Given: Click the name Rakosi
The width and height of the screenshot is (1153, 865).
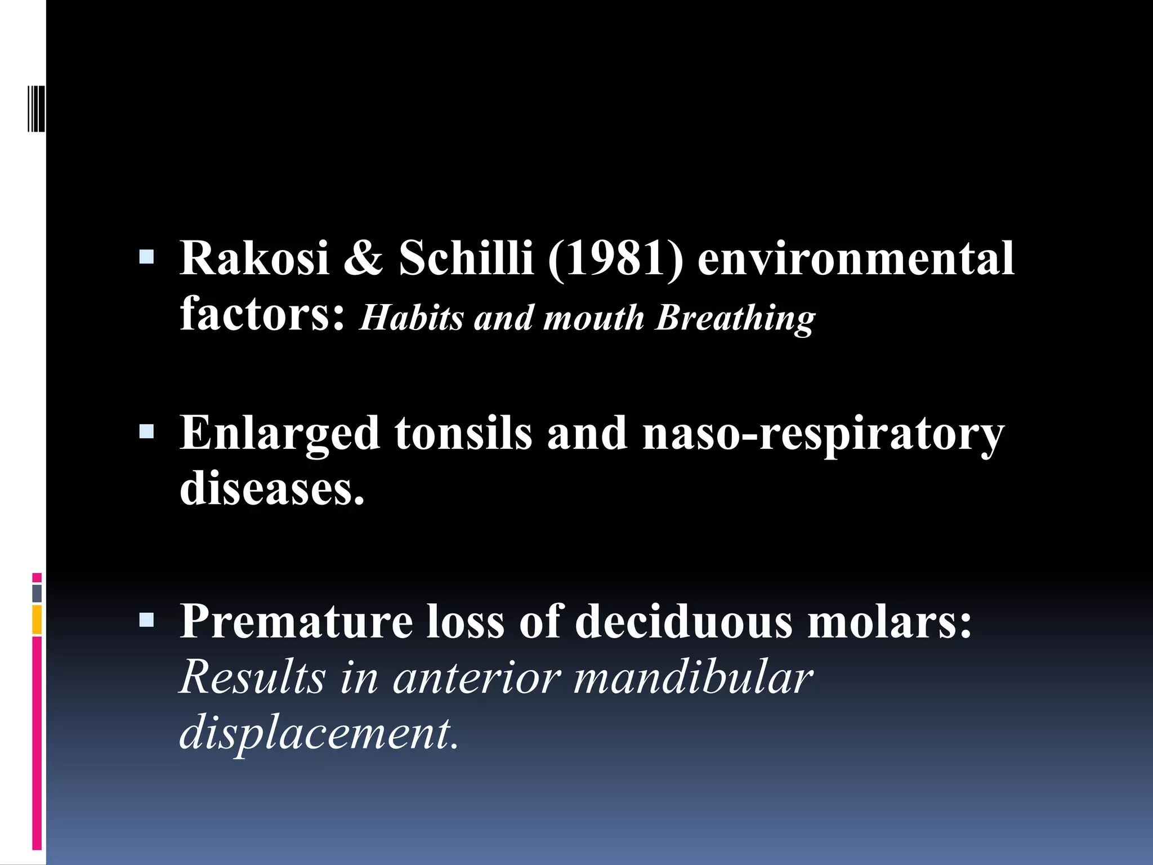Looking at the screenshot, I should (254, 258).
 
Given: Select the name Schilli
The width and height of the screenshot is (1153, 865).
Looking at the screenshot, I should (466, 258).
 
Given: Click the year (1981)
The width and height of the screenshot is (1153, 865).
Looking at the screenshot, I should (615, 258).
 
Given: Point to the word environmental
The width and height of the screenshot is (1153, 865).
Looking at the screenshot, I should (856, 258).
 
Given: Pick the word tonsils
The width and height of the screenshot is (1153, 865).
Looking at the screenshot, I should (463, 434).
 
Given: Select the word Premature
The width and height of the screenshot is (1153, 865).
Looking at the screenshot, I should (296, 622).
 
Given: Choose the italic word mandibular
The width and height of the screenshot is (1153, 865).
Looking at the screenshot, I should (693, 677).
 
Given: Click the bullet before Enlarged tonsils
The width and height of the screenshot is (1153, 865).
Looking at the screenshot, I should (146, 432).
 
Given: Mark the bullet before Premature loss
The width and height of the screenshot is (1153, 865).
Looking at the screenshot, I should (146, 620).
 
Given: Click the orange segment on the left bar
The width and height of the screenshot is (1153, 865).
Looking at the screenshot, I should (37, 619).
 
